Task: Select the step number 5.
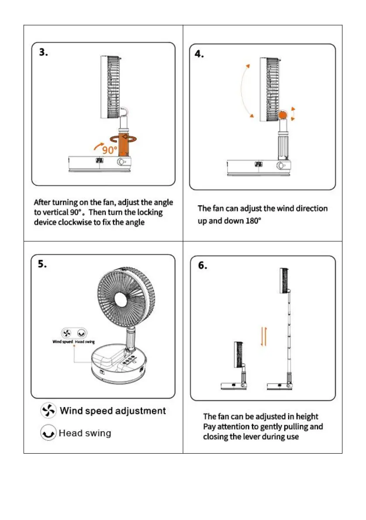tap(43, 264)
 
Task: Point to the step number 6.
tap(204, 265)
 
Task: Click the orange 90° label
tap(110, 150)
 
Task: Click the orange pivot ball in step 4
tap(283, 116)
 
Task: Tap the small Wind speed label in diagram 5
tap(62, 341)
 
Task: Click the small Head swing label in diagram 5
tap(85, 341)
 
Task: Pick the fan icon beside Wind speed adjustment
tap(48, 410)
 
